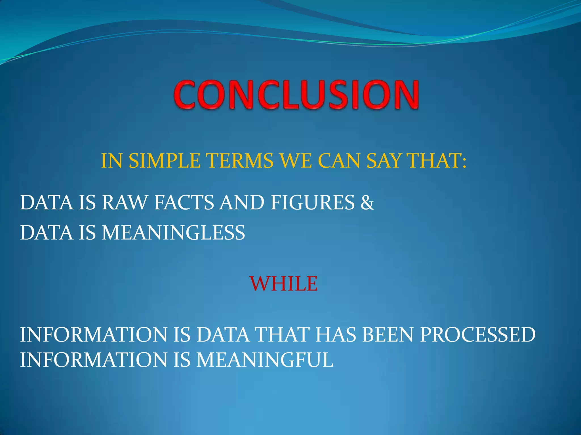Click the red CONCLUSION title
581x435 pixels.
click(296, 95)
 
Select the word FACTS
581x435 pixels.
click(184, 203)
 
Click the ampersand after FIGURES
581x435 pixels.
click(367, 203)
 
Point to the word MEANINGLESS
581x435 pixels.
click(173, 233)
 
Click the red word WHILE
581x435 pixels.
click(284, 283)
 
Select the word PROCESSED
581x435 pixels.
click(478, 335)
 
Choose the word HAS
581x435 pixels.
click(335, 335)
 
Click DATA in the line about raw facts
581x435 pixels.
click(47, 203)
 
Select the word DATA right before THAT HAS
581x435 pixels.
click(223, 335)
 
